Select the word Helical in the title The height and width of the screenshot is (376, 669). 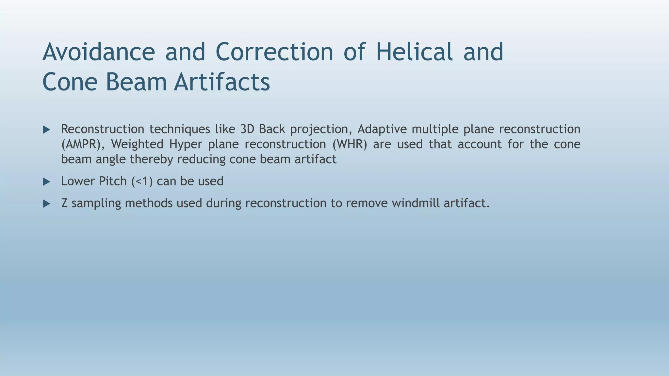click(x=414, y=52)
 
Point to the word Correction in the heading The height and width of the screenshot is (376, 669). click(x=274, y=52)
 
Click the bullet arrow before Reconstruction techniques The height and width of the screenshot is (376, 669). click(x=46, y=130)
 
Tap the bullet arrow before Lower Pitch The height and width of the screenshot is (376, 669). click(x=46, y=182)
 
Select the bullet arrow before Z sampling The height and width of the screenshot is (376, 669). click(x=46, y=204)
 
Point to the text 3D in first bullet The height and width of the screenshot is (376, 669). click(x=247, y=129)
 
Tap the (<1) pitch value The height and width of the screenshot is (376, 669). click(x=142, y=181)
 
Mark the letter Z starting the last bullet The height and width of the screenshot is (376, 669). click(x=64, y=203)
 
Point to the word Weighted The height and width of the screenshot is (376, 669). click(x=137, y=144)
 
